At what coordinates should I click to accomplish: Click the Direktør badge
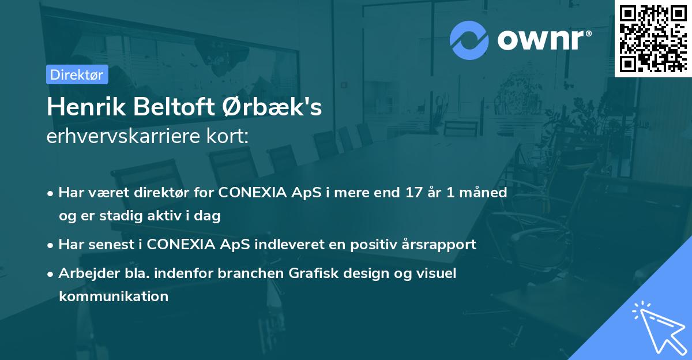[77, 74]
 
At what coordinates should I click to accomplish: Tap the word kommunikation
[113, 297]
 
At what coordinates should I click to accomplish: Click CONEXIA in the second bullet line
[180, 244]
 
